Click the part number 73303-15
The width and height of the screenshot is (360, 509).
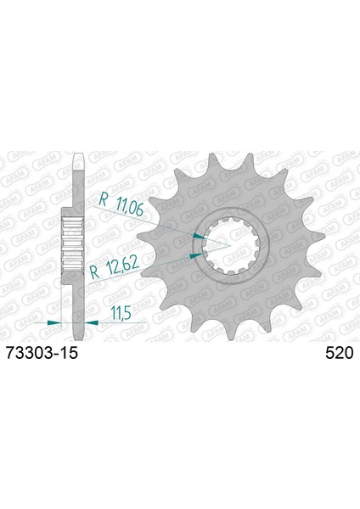click(42, 353)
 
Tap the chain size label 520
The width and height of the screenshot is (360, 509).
click(339, 353)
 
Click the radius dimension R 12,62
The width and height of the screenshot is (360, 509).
click(114, 268)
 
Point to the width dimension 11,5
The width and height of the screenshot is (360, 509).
click(121, 314)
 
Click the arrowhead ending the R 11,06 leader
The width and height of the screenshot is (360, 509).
click(200, 236)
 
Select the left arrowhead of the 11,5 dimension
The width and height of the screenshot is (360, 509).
click(54, 322)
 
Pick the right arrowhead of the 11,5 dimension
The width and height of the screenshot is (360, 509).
click(92, 322)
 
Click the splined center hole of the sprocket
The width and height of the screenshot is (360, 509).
click(231, 246)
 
